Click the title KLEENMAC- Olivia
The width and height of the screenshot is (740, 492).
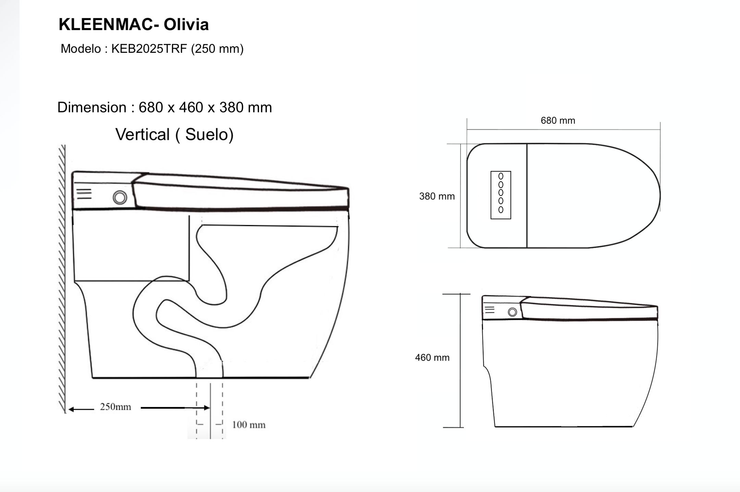134,24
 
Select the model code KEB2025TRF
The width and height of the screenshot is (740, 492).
149,49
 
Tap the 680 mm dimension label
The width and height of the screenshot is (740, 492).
558,121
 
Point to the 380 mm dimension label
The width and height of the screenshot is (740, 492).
437,196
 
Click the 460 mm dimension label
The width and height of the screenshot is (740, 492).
432,358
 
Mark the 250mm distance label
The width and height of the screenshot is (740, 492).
115,407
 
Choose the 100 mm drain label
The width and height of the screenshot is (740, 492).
249,425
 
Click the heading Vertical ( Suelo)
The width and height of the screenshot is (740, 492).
174,134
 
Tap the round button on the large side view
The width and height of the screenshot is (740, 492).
120,197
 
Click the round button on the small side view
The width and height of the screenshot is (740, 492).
513,312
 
